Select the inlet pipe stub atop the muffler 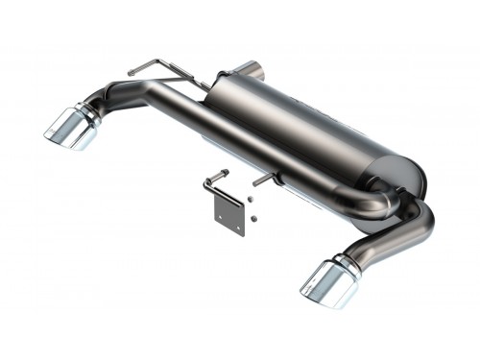252,70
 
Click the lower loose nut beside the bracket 251,219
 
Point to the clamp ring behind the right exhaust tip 351,259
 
